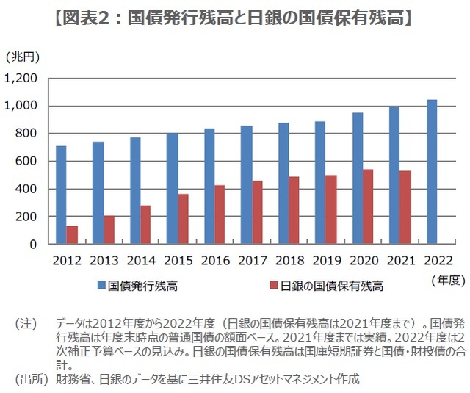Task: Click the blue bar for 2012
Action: click(x=61, y=195)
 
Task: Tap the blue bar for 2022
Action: click(x=432, y=172)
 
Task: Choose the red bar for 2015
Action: click(x=183, y=219)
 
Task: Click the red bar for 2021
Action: click(x=405, y=208)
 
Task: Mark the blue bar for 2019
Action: click(x=320, y=183)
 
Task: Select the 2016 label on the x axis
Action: click(x=215, y=261)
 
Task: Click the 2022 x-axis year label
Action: click(x=437, y=261)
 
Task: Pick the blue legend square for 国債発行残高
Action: click(x=101, y=285)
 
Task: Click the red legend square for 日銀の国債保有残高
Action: click(x=273, y=285)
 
